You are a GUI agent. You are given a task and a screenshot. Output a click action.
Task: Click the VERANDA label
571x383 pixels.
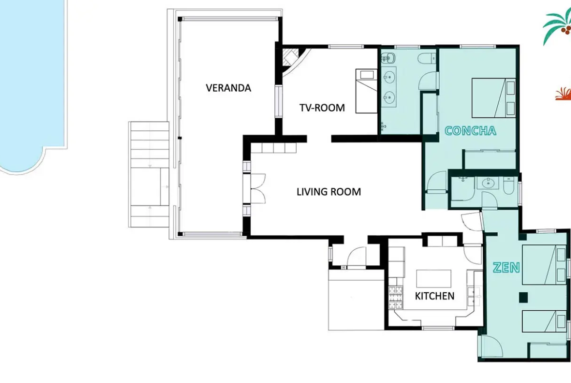coord(228,88)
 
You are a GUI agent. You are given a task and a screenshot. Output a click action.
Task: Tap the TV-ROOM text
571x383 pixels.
coord(322,108)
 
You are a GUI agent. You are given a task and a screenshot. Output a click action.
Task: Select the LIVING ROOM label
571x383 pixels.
coord(329,191)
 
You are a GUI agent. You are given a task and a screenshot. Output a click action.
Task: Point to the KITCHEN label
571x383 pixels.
coord(434,296)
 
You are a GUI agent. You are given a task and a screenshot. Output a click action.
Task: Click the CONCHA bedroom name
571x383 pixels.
coord(470,131)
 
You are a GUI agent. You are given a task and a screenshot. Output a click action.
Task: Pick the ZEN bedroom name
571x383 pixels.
coord(506,267)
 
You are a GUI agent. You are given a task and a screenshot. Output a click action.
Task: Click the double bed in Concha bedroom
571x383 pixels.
coord(494,98)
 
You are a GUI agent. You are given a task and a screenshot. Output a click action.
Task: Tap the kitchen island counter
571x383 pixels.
coord(434,279)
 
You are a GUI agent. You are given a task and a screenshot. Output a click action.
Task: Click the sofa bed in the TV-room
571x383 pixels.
coord(367,91)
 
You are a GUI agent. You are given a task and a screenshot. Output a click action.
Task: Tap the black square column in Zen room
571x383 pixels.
coord(523,298)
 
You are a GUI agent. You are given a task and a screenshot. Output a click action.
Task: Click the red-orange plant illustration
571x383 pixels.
coord(563,94)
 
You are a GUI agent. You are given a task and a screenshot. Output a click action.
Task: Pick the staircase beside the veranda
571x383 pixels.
coord(149,175)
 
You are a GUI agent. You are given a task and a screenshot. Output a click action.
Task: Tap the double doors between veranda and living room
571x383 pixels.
coord(258,188)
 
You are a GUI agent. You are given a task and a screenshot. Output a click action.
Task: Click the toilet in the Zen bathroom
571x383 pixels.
coord(508,185)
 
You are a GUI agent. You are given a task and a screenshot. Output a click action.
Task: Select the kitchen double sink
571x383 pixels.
coord(473,296)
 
